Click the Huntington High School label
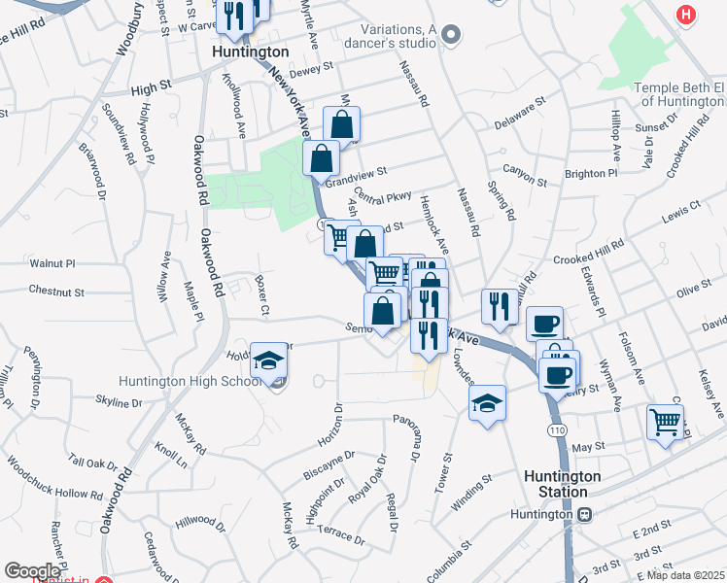click(190, 381)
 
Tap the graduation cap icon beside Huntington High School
click(269, 362)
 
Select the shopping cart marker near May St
click(665, 423)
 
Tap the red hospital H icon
click(687, 15)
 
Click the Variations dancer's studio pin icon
click(450, 37)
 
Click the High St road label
click(151, 86)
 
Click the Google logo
click(32, 571)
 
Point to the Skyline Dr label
click(120, 401)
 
